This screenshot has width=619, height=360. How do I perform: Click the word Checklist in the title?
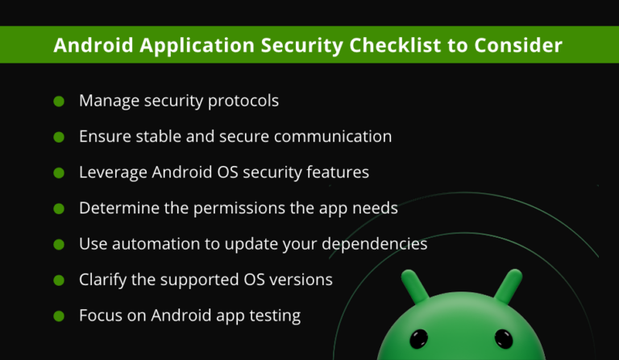(x=395, y=45)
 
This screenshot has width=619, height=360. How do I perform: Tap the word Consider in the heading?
(x=518, y=45)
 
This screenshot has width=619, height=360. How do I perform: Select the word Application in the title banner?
(x=197, y=46)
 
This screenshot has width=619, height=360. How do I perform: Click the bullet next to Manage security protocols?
(x=59, y=101)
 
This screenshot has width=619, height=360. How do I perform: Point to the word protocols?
(x=243, y=101)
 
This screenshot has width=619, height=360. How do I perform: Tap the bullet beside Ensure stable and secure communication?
(x=59, y=137)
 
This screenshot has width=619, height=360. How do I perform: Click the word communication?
(x=333, y=136)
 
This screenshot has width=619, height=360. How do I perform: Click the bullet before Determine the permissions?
(x=59, y=209)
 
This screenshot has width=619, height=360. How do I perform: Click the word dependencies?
(x=375, y=244)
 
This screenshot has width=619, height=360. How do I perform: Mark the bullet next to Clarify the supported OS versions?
(x=59, y=280)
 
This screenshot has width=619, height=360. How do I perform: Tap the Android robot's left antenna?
(x=414, y=286)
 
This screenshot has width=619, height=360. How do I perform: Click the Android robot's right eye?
(x=504, y=339)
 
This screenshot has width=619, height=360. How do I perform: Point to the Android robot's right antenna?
(x=509, y=286)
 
